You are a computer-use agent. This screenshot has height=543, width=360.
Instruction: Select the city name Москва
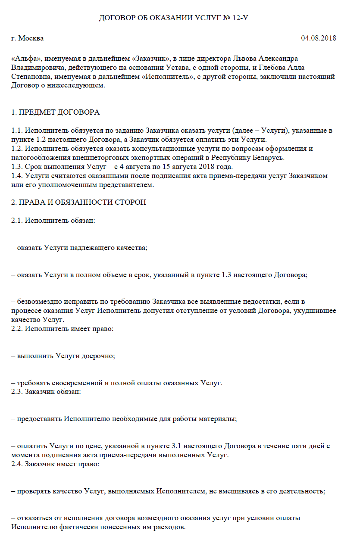click(x=31, y=38)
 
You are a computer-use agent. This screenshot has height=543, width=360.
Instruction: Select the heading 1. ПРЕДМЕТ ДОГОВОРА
click(x=55, y=112)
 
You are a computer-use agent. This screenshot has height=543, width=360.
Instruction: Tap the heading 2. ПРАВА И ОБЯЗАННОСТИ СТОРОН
click(x=79, y=202)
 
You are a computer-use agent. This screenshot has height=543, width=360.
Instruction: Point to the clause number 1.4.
click(x=17, y=176)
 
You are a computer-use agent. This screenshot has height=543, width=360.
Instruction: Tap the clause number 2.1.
click(x=17, y=221)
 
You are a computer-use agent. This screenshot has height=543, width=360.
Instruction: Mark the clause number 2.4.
click(x=17, y=464)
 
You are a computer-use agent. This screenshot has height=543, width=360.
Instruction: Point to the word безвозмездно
click(x=40, y=302)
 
